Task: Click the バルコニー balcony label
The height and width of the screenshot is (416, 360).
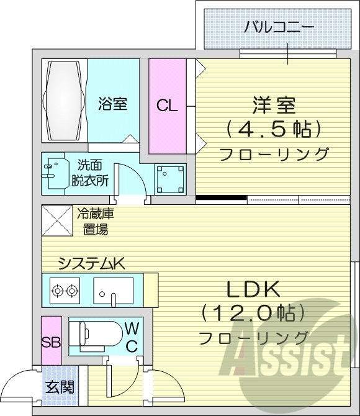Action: click(279, 27)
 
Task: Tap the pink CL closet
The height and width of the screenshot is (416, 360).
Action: click(167, 105)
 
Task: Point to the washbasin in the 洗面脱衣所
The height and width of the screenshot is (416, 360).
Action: click(56, 174)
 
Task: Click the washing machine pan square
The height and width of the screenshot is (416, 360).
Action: click(169, 179)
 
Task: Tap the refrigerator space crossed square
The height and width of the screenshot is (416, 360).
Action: click(56, 222)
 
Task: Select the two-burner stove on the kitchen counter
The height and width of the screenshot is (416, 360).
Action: click(65, 289)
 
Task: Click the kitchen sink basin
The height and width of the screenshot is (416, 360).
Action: click(114, 289)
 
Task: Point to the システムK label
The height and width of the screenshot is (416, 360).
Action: click(92, 264)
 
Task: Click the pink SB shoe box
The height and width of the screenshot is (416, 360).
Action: click(51, 341)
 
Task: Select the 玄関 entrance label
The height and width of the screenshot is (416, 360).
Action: click(60, 387)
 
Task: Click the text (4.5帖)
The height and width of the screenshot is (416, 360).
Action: click(273, 129)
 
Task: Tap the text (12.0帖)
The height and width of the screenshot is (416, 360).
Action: click(253, 312)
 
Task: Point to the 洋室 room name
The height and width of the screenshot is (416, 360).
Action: click(273, 104)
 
